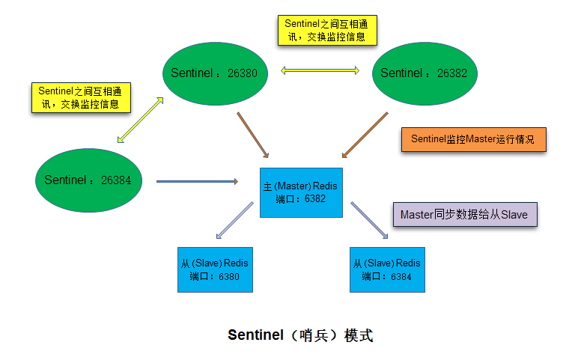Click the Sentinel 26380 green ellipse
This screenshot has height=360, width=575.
[x=216, y=73]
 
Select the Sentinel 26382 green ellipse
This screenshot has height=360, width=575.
[x=425, y=73]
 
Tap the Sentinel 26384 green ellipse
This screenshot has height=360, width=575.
[x=88, y=180]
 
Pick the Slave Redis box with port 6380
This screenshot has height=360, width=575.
[x=214, y=269]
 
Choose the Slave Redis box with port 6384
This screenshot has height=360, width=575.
[x=386, y=269]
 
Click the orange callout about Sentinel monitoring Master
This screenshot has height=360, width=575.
[x=473, y=140]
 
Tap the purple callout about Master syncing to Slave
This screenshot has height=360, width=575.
[x=463, y=215]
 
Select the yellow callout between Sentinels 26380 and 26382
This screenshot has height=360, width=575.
[x=326, y=30]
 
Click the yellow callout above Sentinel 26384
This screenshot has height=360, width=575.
[x=79, y=97]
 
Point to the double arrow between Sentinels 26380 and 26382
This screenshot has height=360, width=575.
[x=320, y=71]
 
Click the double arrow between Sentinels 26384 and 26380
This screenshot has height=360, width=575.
[x=141, y=119]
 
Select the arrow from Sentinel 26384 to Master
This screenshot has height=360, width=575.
[x=196, y=181]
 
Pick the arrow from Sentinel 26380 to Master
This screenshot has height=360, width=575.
[x=253, y=135]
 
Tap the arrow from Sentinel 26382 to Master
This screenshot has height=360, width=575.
[x=365, y=135]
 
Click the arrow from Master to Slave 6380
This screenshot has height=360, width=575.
[x=235, y=221]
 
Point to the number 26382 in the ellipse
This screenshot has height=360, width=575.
[x=451, y=73]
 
